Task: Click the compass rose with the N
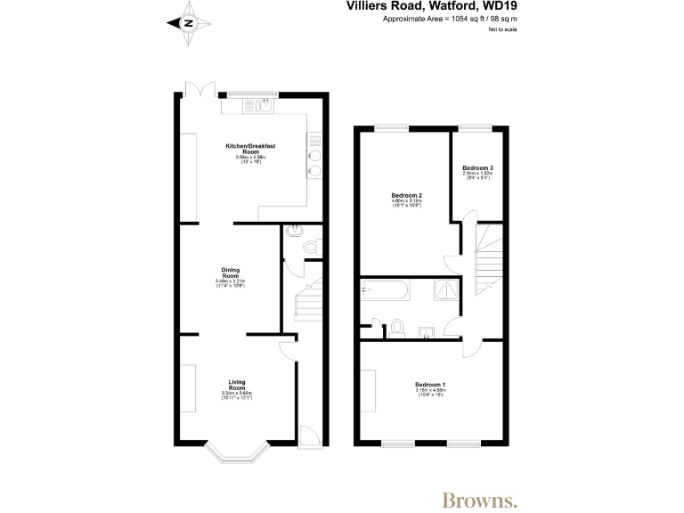(x=188, y=24)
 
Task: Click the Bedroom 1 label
(x=429, y=386)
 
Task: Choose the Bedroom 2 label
(x=406, y=197)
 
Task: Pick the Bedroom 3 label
(x=477, y=169)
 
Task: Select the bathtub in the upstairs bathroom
(x=385, y=289)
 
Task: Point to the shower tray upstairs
(x=448, y=289)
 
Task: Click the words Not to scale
(x=502, y=29)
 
